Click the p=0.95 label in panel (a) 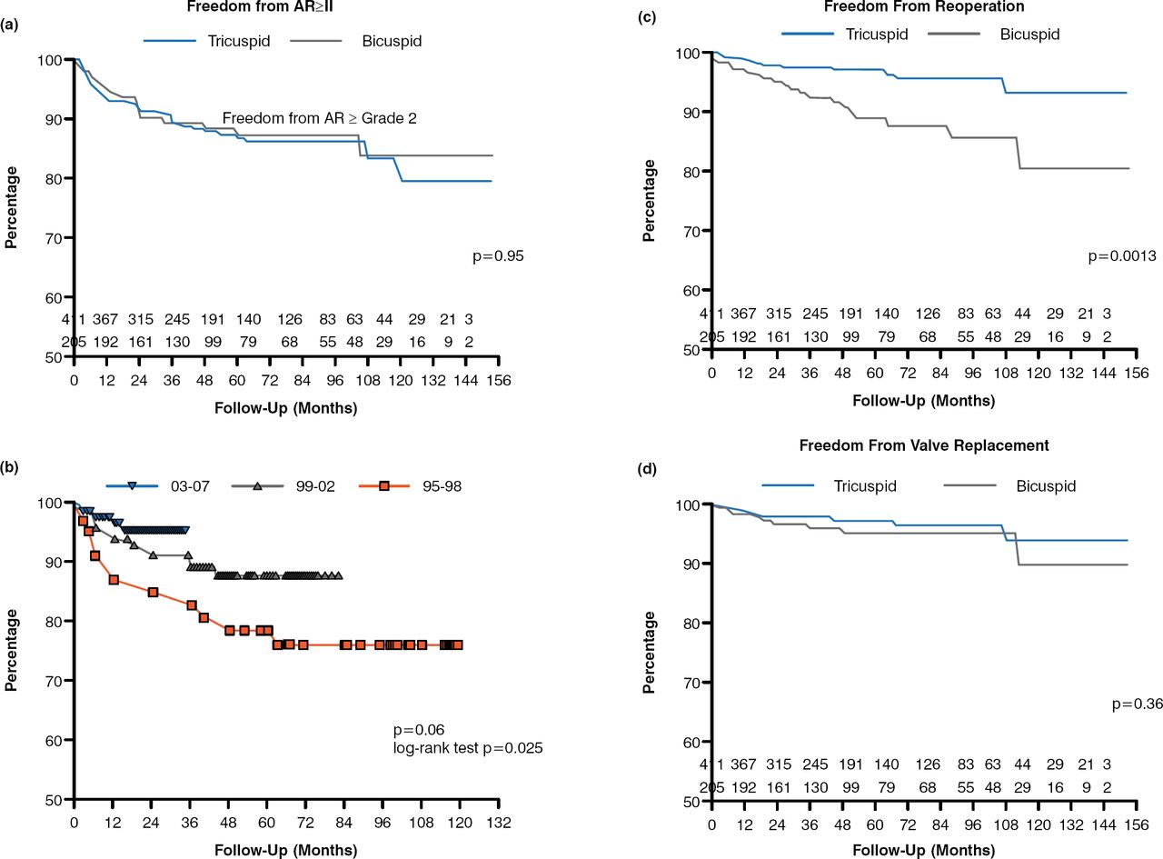498,257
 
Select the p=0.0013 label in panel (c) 1122,257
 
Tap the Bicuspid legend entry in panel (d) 1045,486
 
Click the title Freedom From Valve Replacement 924,445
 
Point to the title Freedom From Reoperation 924,7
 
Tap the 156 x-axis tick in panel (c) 1137,374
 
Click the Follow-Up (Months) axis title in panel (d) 924,850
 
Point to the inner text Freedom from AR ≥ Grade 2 319,118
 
